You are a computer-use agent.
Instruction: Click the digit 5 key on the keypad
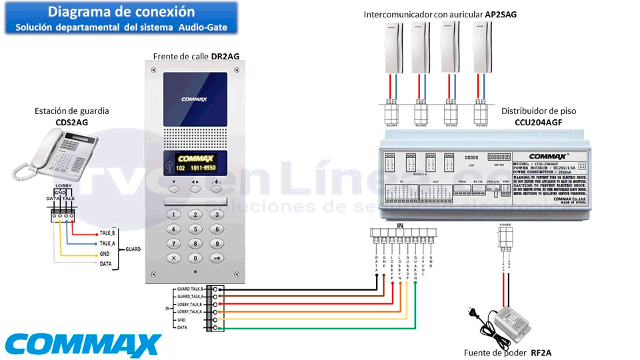pos(195,229)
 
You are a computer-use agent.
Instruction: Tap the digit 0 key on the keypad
pos(195,258)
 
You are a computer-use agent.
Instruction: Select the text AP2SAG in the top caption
pos(501,14)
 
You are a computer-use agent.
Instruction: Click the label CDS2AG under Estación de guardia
pos(71,122)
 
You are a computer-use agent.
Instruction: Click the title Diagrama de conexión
pos(121,12)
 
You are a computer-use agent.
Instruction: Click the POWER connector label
pos(505,225)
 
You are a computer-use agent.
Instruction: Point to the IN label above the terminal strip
pos(400,227)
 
